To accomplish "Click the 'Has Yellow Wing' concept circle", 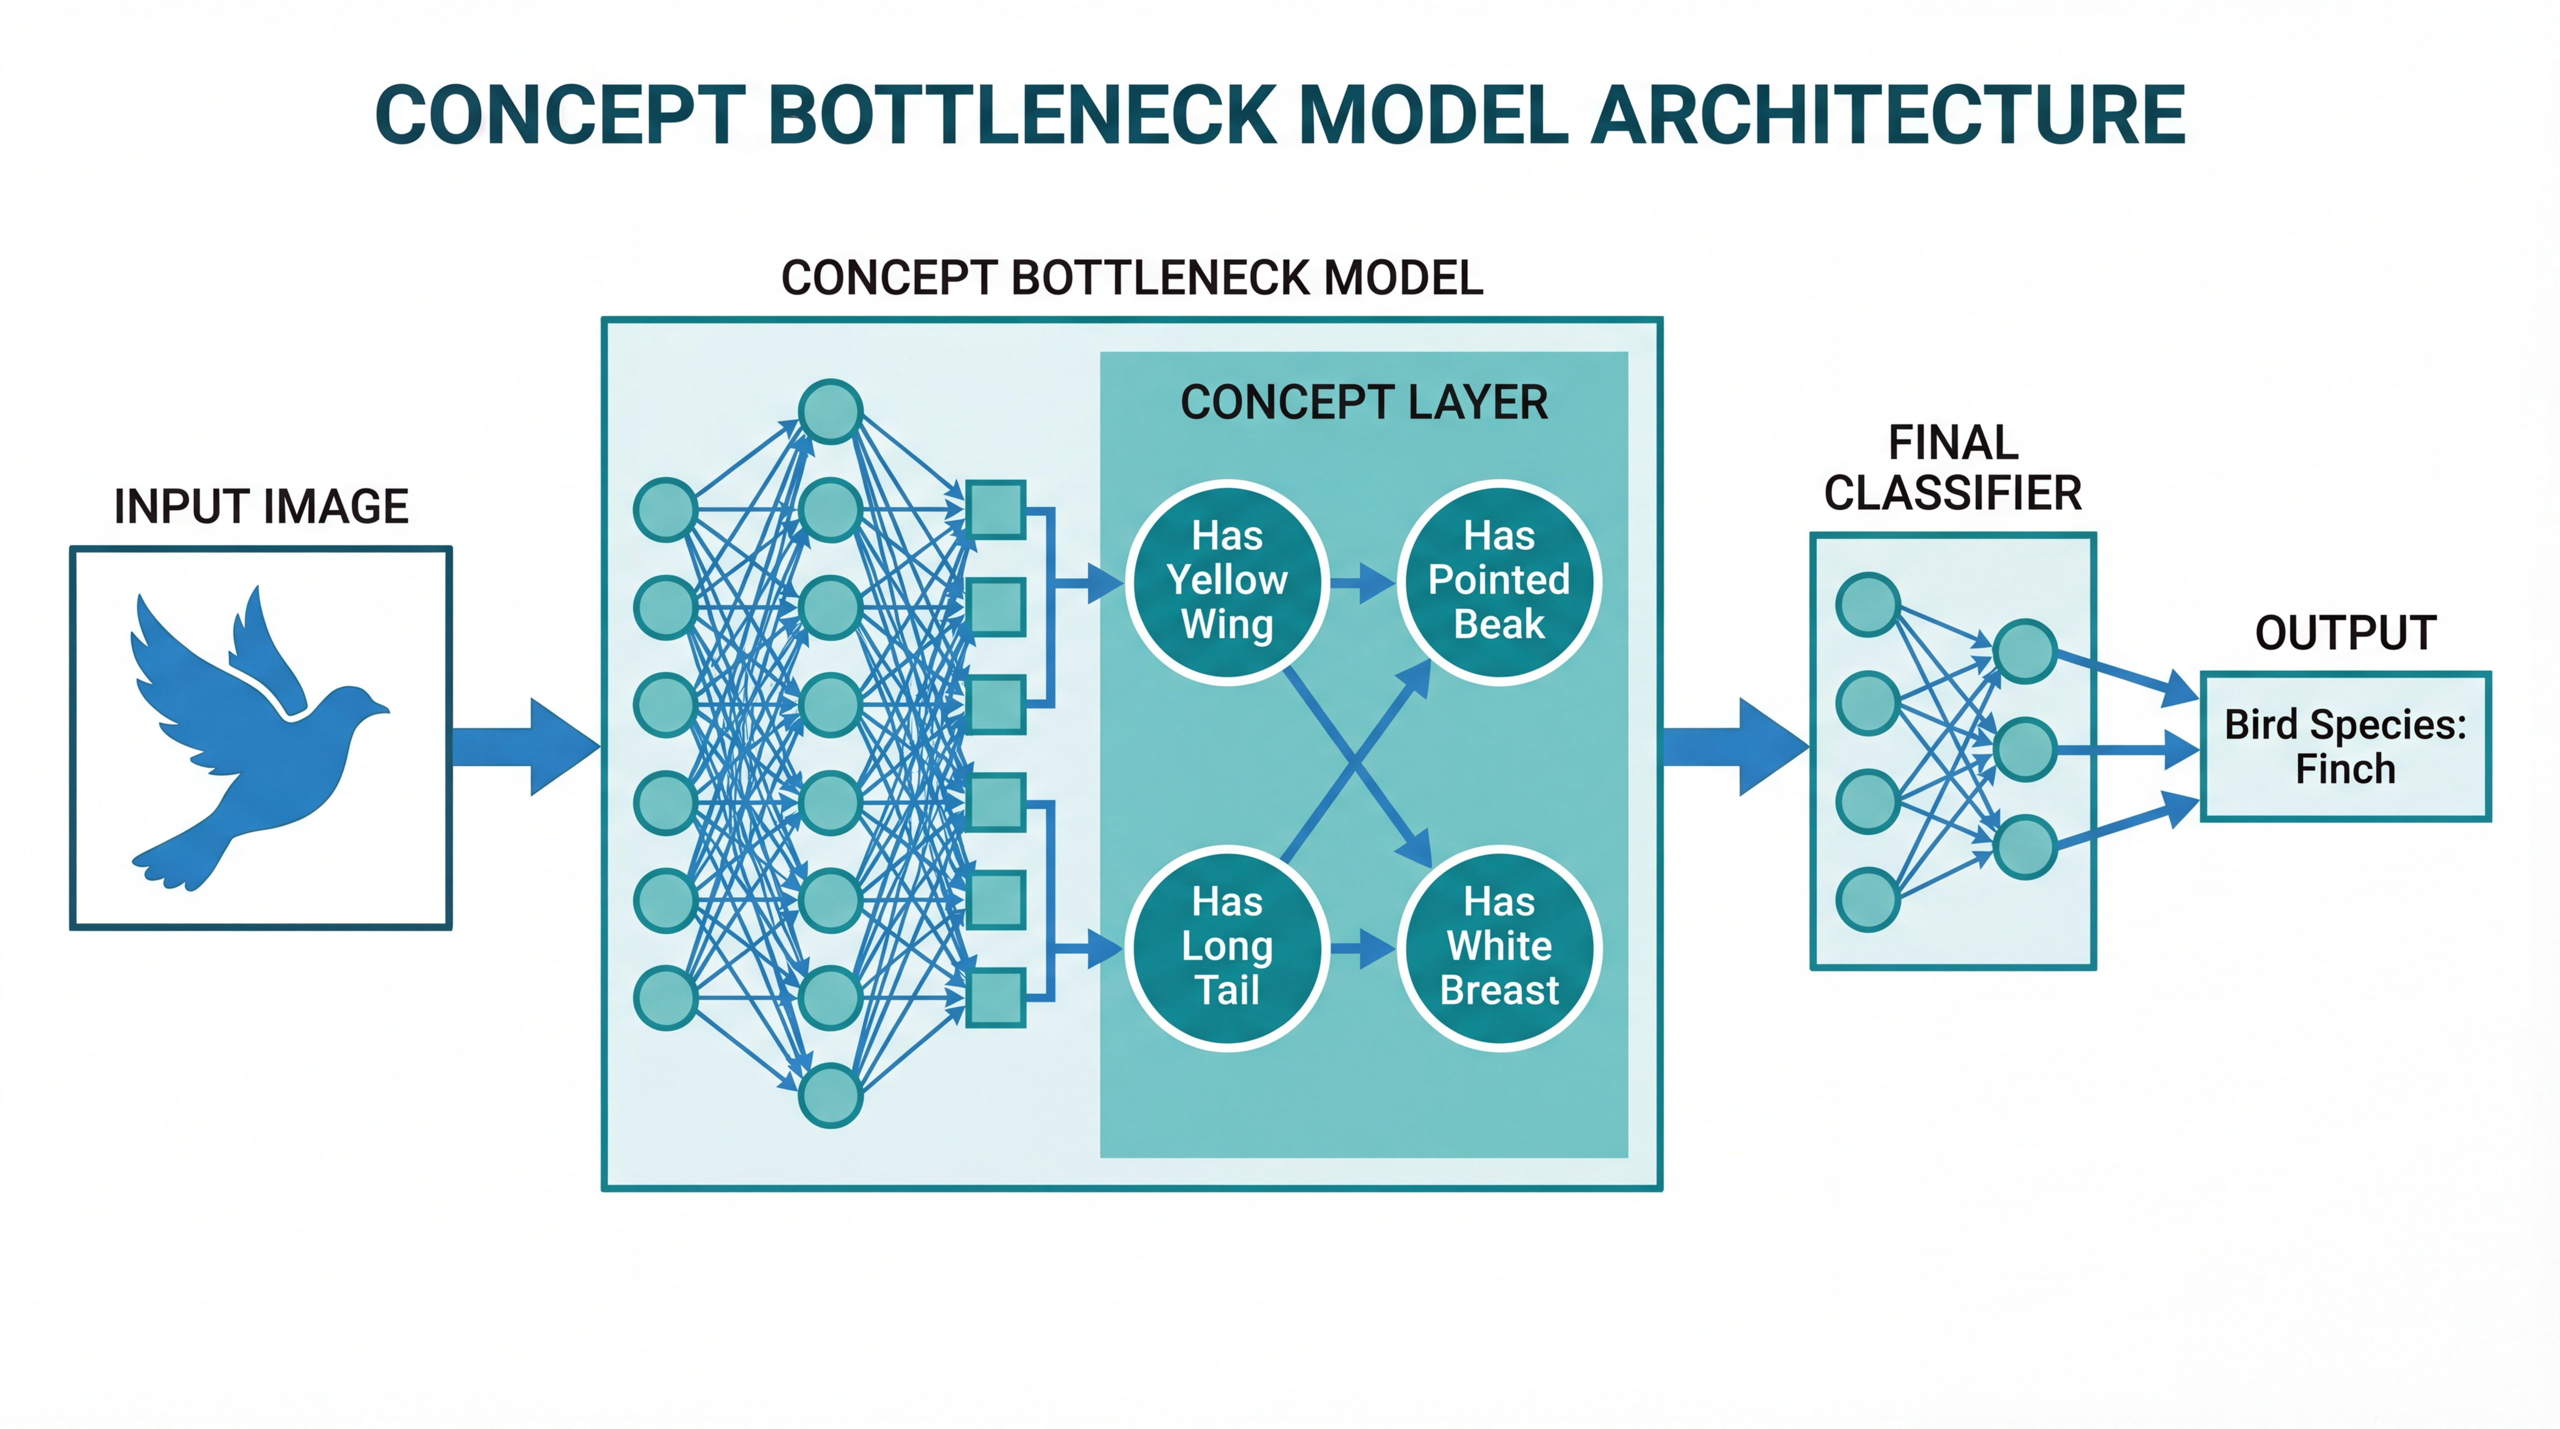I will [x=1227, y=581].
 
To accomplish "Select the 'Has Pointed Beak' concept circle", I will [x=1499, y=581].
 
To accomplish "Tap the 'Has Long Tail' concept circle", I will [x=1227, y=947].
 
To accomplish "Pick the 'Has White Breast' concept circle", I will [x=1499, y=947].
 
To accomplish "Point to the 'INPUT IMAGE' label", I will [x=261, y=507].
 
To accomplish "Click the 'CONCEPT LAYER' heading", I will [x=1363, y=402].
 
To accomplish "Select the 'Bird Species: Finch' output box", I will [x=2345, y=746].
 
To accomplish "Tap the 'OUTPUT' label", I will [x=2345, y=633].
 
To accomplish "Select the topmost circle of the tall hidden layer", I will [x=830, y=411].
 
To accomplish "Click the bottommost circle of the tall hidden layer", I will [x=830, y=1095].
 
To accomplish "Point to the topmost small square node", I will [x=996, y=510].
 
